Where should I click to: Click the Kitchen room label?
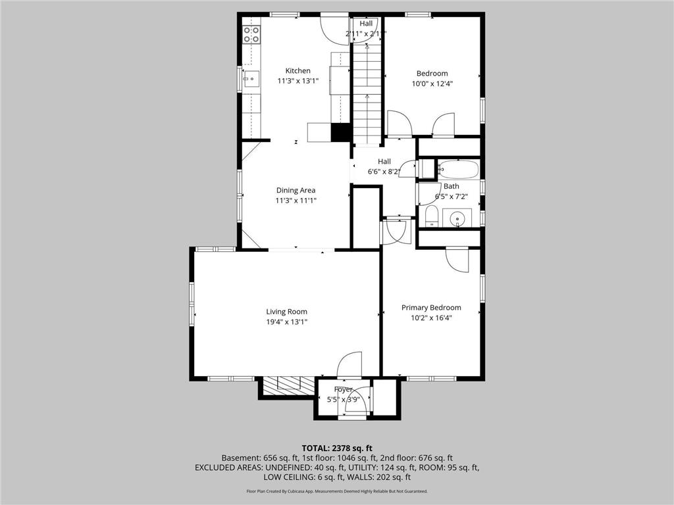click(x=298, y=71)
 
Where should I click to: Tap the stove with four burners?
click(x=251, y=34)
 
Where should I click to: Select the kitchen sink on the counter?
click(x=251, y=79)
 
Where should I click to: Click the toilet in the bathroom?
click(x=432, y=215)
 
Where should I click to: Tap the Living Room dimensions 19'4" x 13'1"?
click(x=286, y=322)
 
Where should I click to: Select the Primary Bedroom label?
click(x=431, y=307)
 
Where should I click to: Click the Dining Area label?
click(x=295, y=190)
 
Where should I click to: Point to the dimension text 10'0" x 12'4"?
click(x=432, y=84)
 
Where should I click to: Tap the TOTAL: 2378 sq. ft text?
click(x=336, y=446)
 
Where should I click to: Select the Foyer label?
click(x=342, y=389)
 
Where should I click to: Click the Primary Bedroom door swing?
click(x=457, y=260)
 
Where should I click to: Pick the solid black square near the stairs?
click(x=340, y=132)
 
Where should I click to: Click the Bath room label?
click(x=451, y=186)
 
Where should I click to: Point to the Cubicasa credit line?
click(x=336, y=491)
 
